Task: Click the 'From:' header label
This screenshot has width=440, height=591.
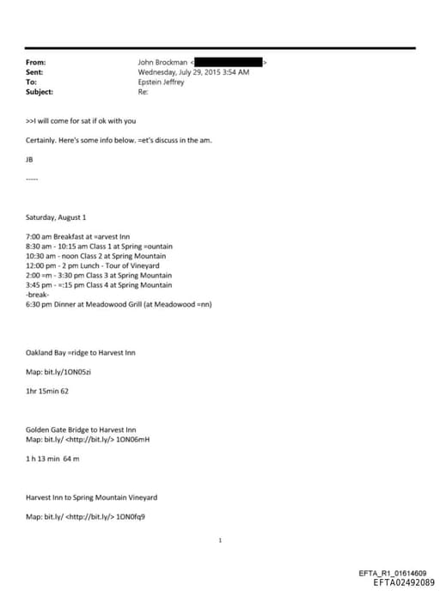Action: (36, 63)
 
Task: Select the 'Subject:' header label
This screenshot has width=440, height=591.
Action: (40, 91)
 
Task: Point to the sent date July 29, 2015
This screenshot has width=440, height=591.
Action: (193, 72)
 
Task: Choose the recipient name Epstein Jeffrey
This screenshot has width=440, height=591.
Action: (161, 82)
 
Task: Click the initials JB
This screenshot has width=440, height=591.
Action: (31, 160)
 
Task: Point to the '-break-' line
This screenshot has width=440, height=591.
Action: (40, 294)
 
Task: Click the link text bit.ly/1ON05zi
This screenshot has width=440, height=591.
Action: (72, 371)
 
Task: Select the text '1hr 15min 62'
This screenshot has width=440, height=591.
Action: (47, 391)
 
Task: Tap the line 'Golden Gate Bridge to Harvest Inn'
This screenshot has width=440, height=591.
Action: (82, 430)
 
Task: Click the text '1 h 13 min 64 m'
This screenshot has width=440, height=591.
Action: (52, 458)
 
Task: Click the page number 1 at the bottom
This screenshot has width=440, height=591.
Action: (221, 540)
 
